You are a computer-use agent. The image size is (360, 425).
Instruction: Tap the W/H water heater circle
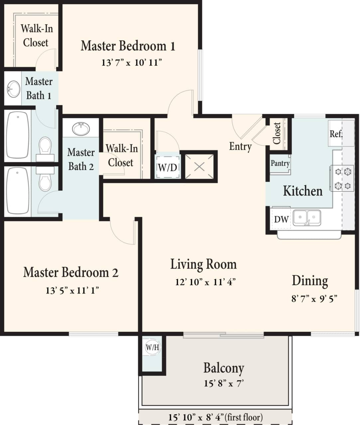click(x=152, y=348)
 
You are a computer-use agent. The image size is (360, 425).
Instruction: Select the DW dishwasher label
click(x=281, y=219)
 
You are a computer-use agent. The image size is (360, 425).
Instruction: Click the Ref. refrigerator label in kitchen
click(x=336, y=134)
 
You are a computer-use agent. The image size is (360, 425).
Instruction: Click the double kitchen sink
click(x=307, y=218)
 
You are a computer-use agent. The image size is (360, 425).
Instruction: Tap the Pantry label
click(x=280, y=163)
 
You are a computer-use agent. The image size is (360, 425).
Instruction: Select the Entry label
click(x=240, y=146)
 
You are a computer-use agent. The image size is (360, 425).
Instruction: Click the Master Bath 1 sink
click(x=14, y=89)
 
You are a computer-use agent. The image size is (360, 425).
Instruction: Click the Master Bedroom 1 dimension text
click(x=132, y=62)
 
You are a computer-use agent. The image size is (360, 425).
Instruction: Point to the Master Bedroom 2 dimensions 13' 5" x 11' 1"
click(x=72, y=291)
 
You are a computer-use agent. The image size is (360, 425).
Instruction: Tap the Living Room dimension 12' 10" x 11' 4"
click(x=205, y=282)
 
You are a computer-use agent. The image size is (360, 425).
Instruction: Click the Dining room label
click(x=310, y=281)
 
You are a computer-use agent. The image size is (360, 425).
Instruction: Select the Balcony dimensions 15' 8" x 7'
click(x=224, y=383)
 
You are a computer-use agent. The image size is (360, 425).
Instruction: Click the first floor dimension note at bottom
click(x=215, y=417)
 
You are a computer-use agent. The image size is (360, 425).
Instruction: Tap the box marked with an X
click(x=199, y=166)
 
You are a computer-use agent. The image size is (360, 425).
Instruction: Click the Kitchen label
click(x=302, y=191)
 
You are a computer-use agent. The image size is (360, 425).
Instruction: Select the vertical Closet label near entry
click(x=277, y=133)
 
